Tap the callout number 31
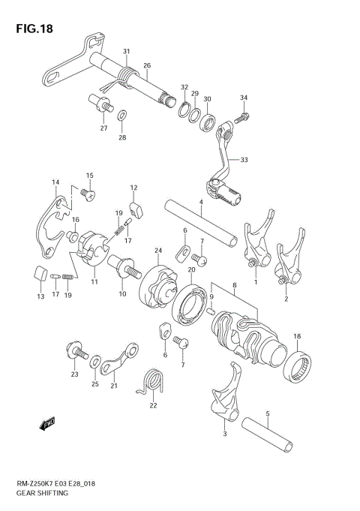point(127,51)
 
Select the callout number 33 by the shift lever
point(243,160)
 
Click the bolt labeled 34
point(242,117)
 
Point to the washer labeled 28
point(122,116)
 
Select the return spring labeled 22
point(153,380)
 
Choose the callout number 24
point(158,251)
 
